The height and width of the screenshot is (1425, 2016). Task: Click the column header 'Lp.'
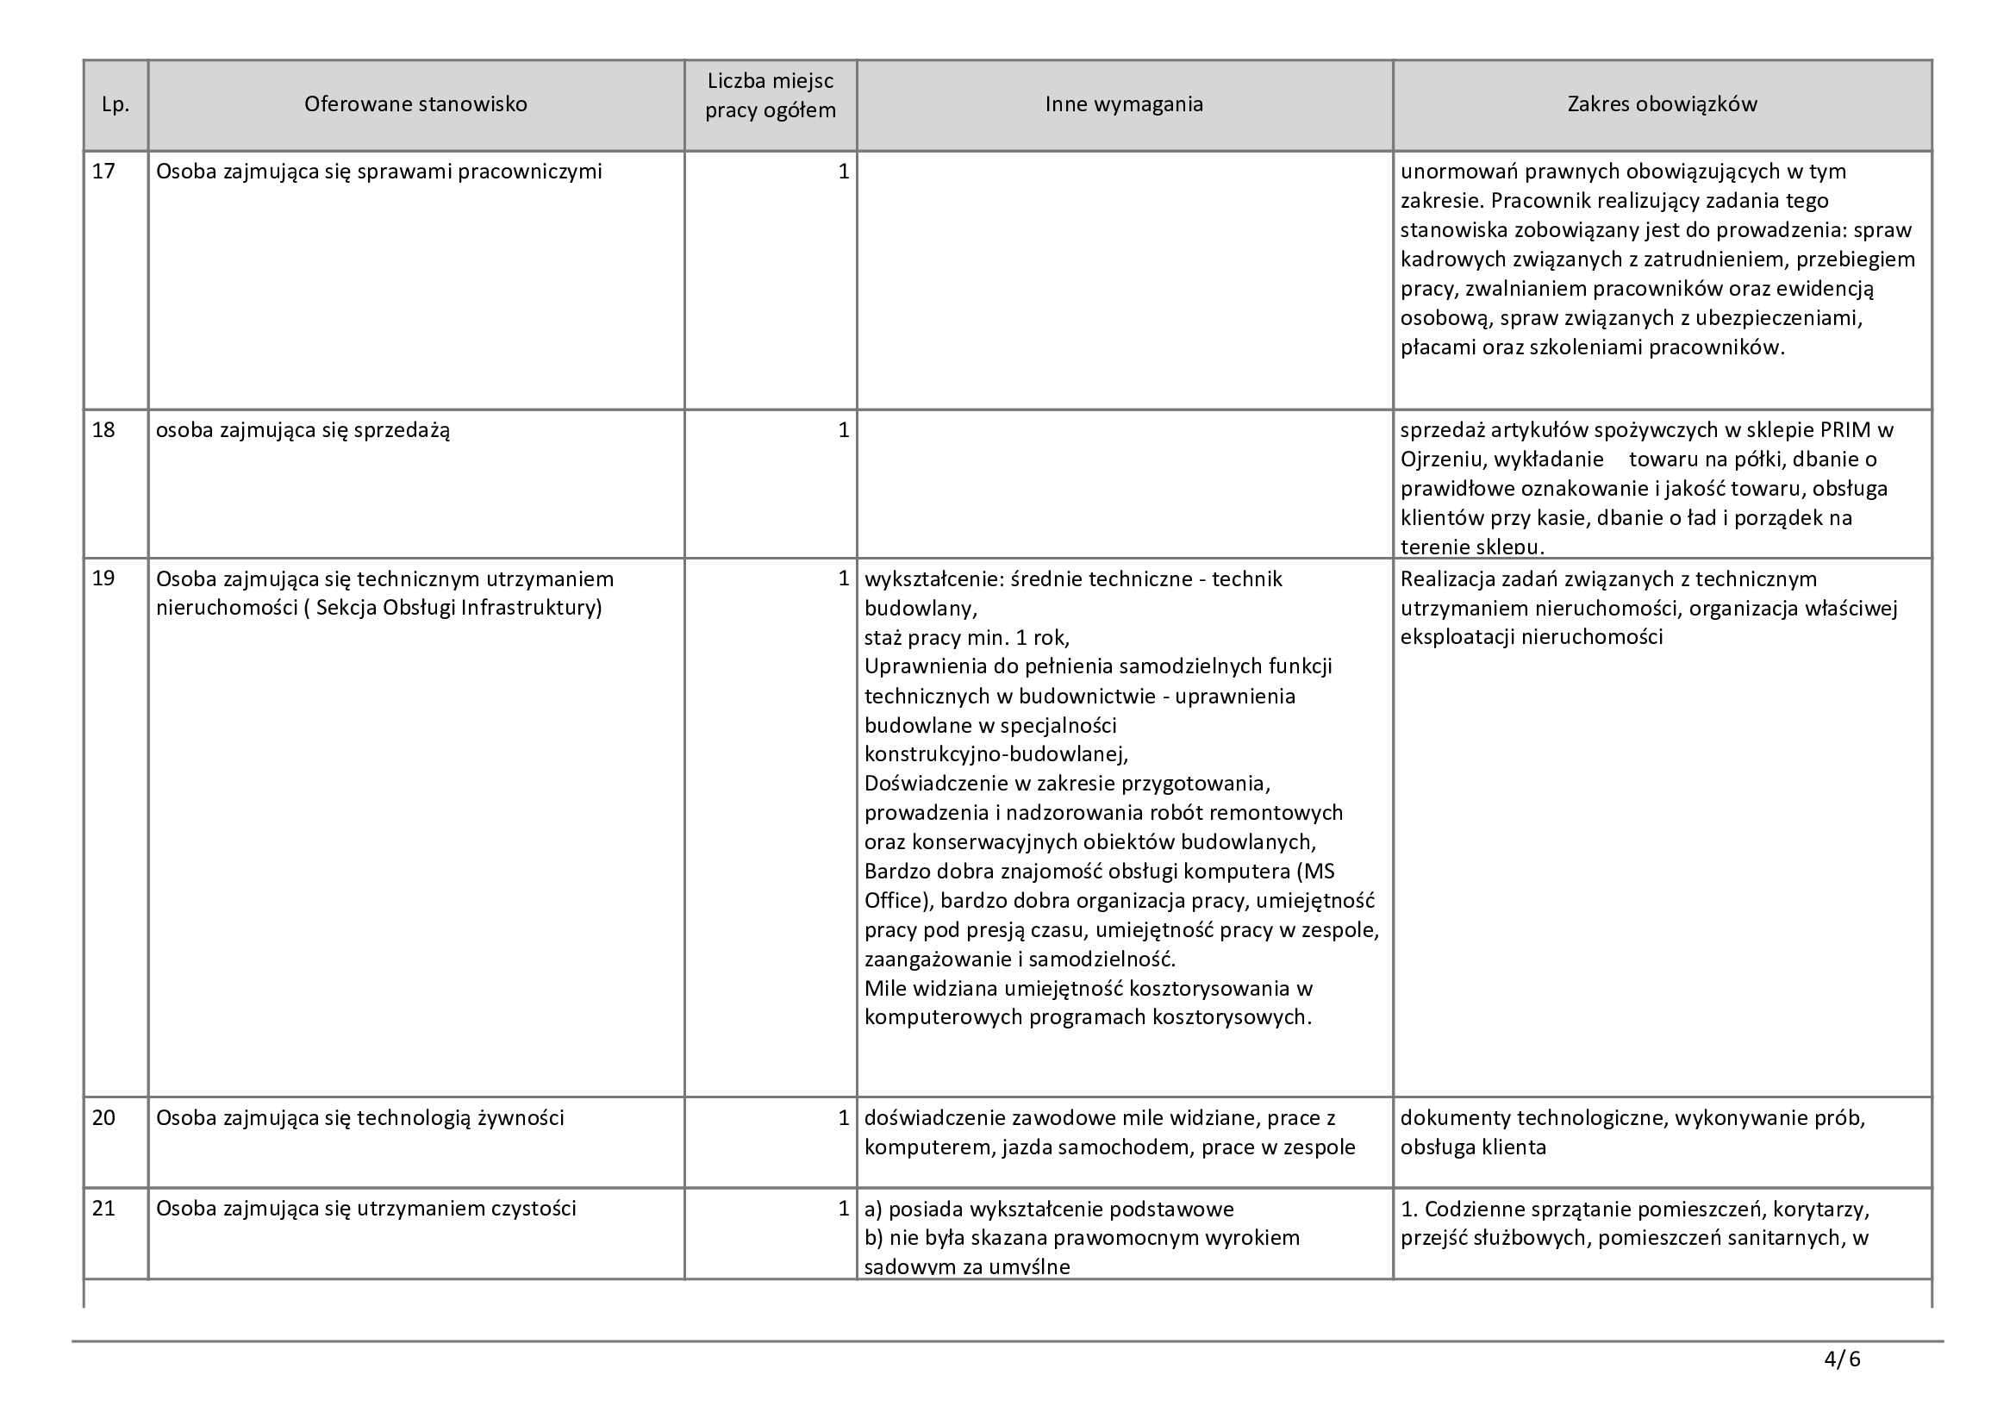(x=115, y=104)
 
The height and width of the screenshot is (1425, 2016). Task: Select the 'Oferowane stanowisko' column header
(x=415, y=104)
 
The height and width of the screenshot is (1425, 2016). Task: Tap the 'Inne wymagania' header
(x=1124, y=104)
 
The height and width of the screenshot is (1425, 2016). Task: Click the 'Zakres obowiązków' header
(x=1662, y=104)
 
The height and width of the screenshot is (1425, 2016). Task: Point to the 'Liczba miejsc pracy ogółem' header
(x=770, y=97)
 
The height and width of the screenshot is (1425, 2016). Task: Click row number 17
(x=103, y=172)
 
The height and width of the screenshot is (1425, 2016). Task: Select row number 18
(x=103, y=430)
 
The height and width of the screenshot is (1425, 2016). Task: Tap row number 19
(x=103, y=578)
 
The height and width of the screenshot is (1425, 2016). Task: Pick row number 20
(x=103, y=1118)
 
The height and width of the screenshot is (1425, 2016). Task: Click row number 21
(x=103, y=1208)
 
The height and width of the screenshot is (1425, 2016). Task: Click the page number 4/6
(x=1841, y=1360)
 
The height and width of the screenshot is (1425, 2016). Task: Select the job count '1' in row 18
(x=843, y=430)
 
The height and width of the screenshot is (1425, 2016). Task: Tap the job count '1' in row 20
(x=843, y=1118)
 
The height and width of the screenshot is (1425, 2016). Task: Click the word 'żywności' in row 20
(x=521, y=1118)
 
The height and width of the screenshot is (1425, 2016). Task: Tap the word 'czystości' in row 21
(x=532, y=1208)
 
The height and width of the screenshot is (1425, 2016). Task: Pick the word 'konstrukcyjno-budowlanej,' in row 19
(x=996, y=754)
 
